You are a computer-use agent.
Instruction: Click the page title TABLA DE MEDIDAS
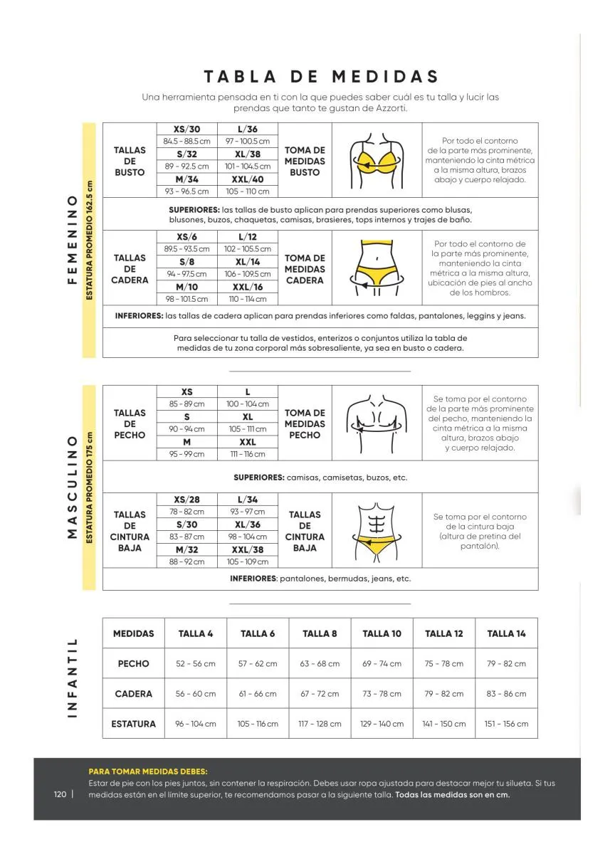(x=322, y=77)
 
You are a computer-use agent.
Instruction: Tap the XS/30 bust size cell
(x=186, y=129)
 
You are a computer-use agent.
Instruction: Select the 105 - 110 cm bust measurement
(x=248, y=191)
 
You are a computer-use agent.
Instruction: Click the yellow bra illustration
(x=377, y=161)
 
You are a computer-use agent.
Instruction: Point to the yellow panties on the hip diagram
(x=377, y=274)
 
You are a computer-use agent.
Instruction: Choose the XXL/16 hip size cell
(x=248, y=287)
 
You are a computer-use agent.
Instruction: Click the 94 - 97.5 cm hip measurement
(x=186, y=274)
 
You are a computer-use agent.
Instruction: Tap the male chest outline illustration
(x=377, y=423)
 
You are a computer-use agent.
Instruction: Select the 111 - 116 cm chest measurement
(x=248, y=454)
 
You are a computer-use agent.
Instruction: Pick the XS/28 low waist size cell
(x=186, y=500)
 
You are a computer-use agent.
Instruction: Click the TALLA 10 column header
(x=382, y=633)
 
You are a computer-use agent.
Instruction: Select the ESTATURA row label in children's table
(x=133, y=724)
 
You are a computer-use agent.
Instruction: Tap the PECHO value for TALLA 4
(x=195, y=663)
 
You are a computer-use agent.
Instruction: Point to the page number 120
(x=59, y=794)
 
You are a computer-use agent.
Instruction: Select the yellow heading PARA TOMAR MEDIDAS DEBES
(x=148, y=771)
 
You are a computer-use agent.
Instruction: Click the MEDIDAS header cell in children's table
(x=133, y=633)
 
